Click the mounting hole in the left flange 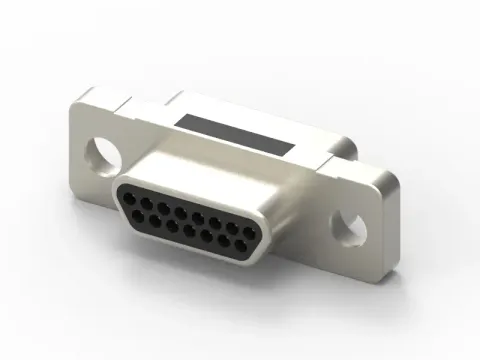(101, 153)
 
